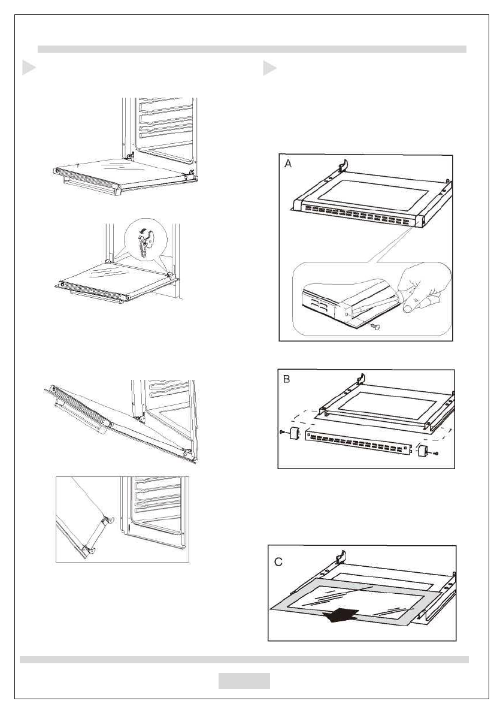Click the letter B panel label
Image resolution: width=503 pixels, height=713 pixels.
click(x=287, y=380)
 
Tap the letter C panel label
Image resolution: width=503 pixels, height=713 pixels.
click(x=279, y=562)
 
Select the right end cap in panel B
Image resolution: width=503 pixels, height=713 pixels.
click(x=423, y=450)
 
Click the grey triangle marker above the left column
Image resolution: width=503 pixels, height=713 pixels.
click(x=29, y=68)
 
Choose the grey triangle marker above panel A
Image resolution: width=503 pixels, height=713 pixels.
click(x=269, y=68)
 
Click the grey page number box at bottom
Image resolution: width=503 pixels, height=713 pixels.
click(x=244, y=681)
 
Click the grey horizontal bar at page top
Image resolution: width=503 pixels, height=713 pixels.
click(x=251, y=49)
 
